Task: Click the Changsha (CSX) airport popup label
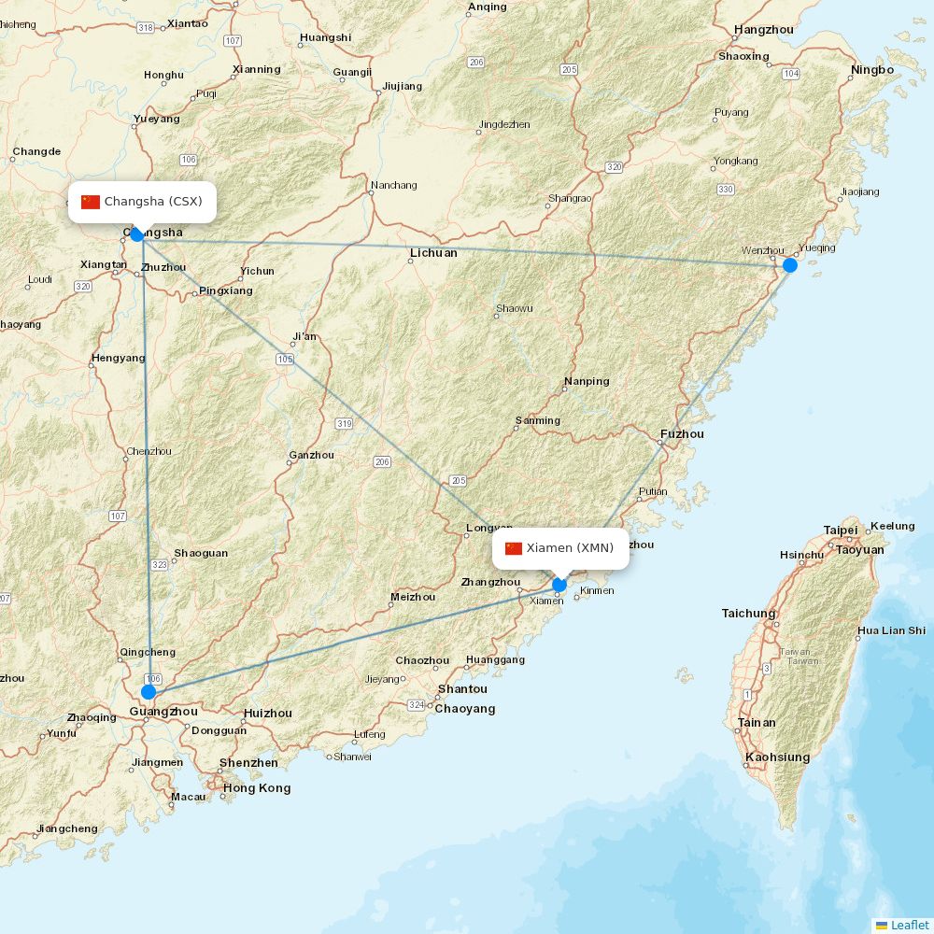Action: (142, 202)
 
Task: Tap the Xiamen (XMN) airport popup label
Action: (560, 548)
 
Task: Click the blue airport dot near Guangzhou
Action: (149, 692)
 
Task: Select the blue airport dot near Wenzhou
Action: (790, 265)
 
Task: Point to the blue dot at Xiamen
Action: (559, 586)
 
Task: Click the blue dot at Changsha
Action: (137, 234)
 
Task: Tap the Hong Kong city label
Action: (257, 788)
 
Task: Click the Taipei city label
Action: (841, 531)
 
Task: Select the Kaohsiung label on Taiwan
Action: (778, 757)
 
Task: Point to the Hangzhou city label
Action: (764, 30)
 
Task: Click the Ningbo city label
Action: (872, 70)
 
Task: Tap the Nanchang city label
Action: (394, 185)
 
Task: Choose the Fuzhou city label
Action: (682, 434)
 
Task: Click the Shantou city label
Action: (462, 689)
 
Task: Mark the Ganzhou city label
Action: (312, 456)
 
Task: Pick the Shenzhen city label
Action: (248, 763)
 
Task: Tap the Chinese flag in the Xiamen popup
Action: (514, 548)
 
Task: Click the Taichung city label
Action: (748, 614)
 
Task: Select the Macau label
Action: (188, 798)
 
